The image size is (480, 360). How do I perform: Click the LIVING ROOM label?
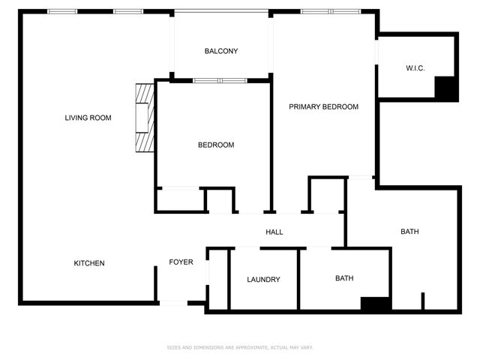point(88,118)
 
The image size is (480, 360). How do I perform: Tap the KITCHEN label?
point(88,263)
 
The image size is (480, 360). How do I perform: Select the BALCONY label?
point(221,51)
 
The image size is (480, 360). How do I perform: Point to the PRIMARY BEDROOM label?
point(323,107)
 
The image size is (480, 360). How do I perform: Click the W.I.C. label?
point(415,68)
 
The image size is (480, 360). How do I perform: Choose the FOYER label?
point(181,262)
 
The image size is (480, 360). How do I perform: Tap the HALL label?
point(274,232)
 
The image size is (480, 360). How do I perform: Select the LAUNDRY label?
point(263,280)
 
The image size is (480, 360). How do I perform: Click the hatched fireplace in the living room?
point(145,118)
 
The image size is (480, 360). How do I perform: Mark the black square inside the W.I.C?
point(446,88)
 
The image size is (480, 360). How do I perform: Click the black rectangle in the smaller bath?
point(375,304)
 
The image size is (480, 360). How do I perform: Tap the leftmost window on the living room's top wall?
point(62,11)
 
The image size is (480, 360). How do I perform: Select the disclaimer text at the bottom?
point(239,347)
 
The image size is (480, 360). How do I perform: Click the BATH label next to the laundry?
point(344,278)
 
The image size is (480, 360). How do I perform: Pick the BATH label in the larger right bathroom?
point(409,232)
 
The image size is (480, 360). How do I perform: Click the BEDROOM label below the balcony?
point(216,145)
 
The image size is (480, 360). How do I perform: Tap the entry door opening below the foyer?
point(173,302)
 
